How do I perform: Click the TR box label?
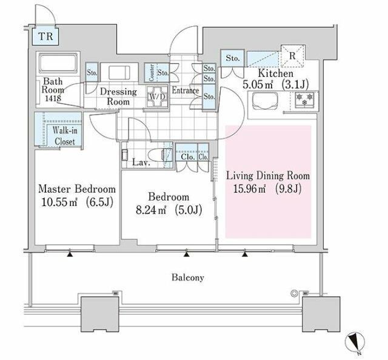[x=46, y=36]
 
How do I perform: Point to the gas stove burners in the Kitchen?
[x=304, y=99]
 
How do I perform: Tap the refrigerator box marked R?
[x=292, y=56]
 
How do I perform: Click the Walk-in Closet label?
[x=65, y=136]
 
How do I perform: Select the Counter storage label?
[x=152, y=73]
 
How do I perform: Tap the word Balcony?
[x=188, y=278]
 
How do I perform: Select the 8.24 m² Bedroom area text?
[x=151, y=210]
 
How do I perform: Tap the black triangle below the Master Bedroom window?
[x=70, y=254]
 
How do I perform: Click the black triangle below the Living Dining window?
[x=245, y=254]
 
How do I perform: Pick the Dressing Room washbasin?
[x=119, y=72]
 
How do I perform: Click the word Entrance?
[x=186, y=90]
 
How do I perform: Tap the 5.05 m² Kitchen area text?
[x=258, y=85]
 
